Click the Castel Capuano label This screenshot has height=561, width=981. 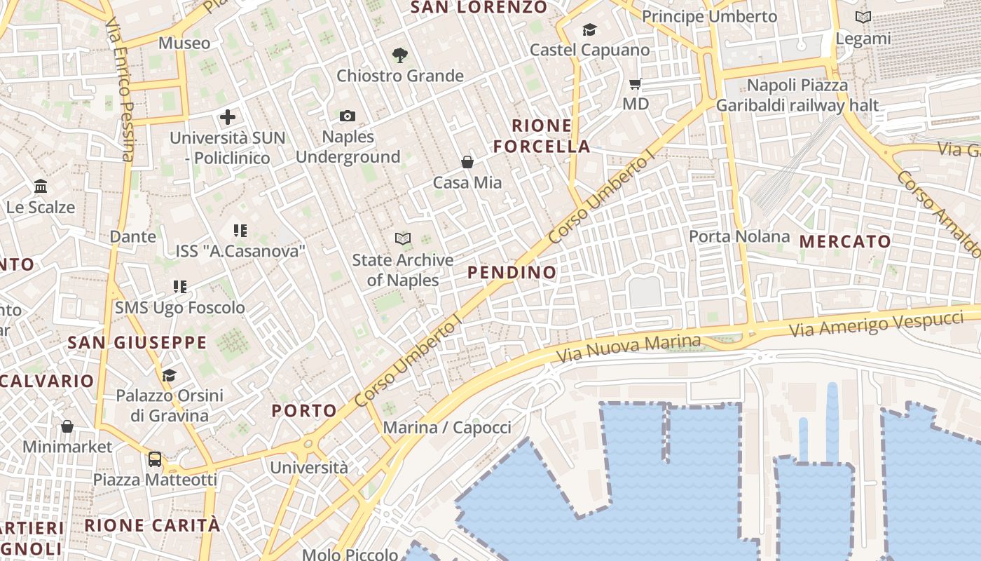coord(589,50)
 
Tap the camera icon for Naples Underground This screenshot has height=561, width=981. coord(347,116)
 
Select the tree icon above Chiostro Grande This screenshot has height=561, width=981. coord(399,55)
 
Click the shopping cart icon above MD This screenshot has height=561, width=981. coord(636,84)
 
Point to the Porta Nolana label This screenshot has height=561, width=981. coord(739,236)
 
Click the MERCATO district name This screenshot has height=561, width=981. coord(845,242)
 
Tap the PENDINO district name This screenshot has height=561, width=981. coord(512,272)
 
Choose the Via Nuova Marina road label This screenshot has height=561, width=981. coord(628,349)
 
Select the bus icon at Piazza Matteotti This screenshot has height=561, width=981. coord(155,459)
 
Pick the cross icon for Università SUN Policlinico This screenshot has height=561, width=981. coord(228,117)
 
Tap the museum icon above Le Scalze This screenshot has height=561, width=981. coord(41,187)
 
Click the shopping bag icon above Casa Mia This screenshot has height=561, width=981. coord(467,162)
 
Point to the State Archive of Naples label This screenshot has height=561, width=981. coord(403,270)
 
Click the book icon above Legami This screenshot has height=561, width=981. coord(863,18)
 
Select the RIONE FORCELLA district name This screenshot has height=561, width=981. coord(542,136)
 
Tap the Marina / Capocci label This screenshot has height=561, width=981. coord(447,427)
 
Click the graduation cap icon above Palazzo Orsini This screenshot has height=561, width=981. coord(169,375)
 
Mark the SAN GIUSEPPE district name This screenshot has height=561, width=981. coord(137,343)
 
